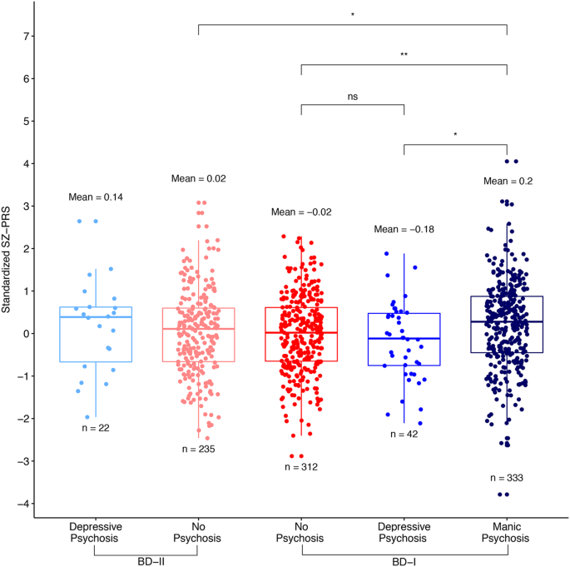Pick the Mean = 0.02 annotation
pyautogui.click(x=199, y=178)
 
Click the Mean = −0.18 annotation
pyautogui.click(x=404, y=229)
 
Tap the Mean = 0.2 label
pyautogui.click(x=507, y=180)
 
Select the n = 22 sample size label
pyautogui.click(x=97, y=428)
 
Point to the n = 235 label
pyautogui.click(x=199, y=450)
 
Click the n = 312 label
pyautogui.click(x=301, y=467)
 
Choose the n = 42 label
pyautogui.click(x=404, y=434)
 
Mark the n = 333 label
pyautogui.click(x=507, y=478)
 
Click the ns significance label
pyautogui.click(x=353, y=97)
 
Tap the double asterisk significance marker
pyautogui.click(x=404, y=55)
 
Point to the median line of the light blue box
pyautogui.click(x=97, y=317)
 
